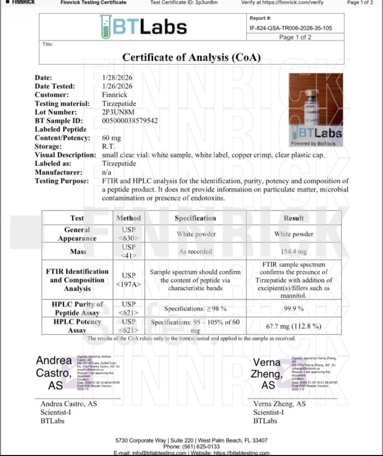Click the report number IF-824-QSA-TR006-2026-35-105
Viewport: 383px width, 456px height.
coord(291,28)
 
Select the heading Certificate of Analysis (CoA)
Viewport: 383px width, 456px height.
coord(191,57)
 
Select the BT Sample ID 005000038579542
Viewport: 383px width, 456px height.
coord(130,121)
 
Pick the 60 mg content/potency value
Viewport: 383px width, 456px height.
coord(111,138)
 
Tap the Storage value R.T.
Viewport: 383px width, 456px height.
coord(109,147)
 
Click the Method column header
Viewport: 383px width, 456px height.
coord(128,218)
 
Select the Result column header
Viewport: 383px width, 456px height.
coord(293,218)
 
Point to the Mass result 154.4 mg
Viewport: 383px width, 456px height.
coord(293,252)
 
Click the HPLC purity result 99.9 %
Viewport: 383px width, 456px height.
coord(293,308)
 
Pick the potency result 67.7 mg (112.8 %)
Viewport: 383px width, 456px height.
coord(293,326)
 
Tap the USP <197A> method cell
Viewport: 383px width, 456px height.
coord(128,280)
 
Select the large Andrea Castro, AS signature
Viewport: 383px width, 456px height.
coord(54,372)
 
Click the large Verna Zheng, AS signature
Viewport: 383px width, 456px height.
coord(267,374)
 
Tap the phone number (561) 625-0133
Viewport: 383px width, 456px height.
coord(191,446)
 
